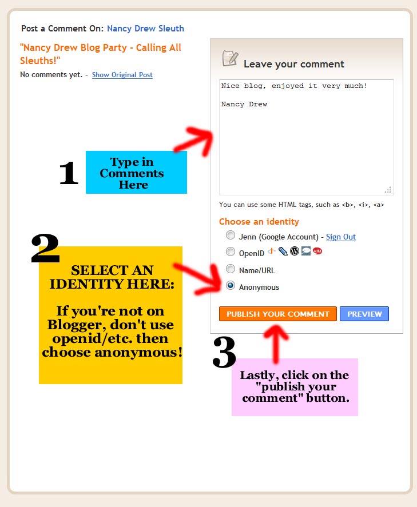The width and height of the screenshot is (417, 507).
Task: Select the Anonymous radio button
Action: click(231, 286)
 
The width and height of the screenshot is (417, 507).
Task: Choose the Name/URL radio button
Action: click(231, 269)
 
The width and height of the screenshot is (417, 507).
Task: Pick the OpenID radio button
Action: click(231, 251)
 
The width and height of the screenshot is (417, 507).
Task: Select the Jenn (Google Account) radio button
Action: click(231, 235)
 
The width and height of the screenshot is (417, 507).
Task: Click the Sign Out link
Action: click(341, 237)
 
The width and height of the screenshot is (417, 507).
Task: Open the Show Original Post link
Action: click(122, 75)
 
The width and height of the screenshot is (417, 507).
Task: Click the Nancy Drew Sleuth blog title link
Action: click(145, 29)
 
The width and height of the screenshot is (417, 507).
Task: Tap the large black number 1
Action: click(69, 173)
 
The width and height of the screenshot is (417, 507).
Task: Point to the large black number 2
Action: click(45, 249)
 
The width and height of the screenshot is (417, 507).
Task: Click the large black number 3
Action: click(224, 352)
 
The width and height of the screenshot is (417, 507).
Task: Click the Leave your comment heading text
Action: click(293, 64)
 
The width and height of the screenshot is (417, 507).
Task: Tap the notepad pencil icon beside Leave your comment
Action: click(230, 59)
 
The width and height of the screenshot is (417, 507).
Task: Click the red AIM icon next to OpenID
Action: click(317, 251)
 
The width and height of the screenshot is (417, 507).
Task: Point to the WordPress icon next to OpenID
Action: click(295, 251)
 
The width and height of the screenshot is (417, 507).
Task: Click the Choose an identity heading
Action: click(259, 221)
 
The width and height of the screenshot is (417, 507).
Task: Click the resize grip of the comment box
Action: click(388, 190)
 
